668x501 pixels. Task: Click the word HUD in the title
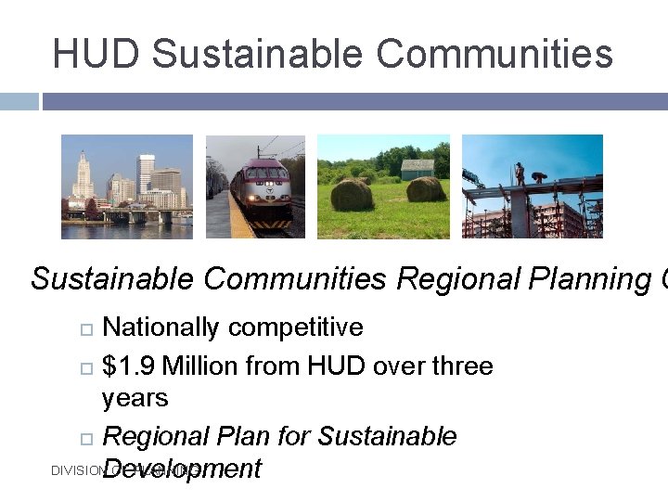pyautogui.click(x=96, y=54)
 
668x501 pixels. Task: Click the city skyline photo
pyautogui.click(x=127, y=186)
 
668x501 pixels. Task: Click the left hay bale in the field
pyautogui.click(x=352, y=195)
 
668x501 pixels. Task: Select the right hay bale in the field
pyautogui.click(x=426, y=189)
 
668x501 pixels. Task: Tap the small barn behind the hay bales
pyautogui.click(x=417, y=169)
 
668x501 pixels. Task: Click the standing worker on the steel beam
pyautogui.click(x=520, y=173)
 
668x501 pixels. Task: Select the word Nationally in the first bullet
pyautogui.click(x=161, y=328)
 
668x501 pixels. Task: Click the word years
pyautogui.click(x=135, y=399)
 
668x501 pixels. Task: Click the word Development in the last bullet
pyautogui.click(x=182, y=469)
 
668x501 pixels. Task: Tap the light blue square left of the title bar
pyautogui.click(x=19, y=101)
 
